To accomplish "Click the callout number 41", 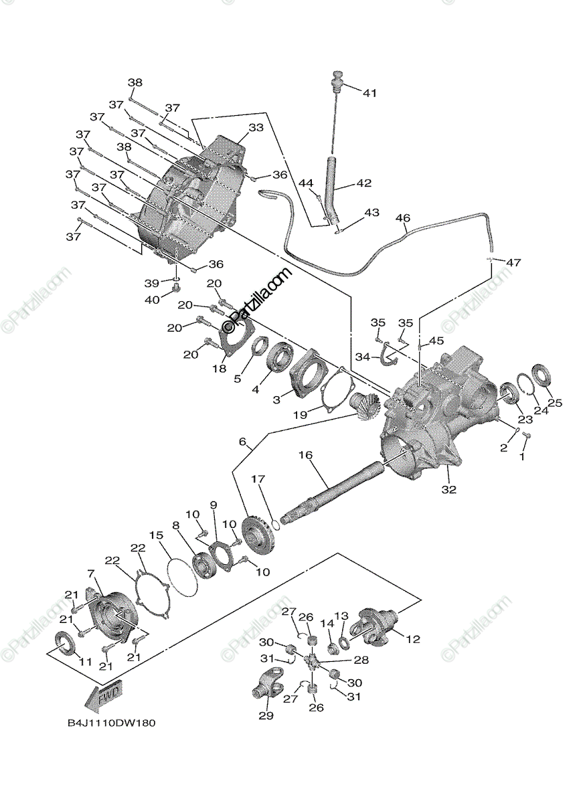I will (370, 93).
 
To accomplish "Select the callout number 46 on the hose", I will (403, 218).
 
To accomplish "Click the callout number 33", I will (237, 127).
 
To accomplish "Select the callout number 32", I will (448, 490).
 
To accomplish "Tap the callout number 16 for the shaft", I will (305, 455).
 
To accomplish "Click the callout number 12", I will (413, 639).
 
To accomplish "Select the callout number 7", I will (90, 573).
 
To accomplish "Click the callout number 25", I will (555, 403).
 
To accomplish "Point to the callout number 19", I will (299, 415).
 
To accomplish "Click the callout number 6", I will (242, 442).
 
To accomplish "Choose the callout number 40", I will (153, 299).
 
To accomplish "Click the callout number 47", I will (513, 263).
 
